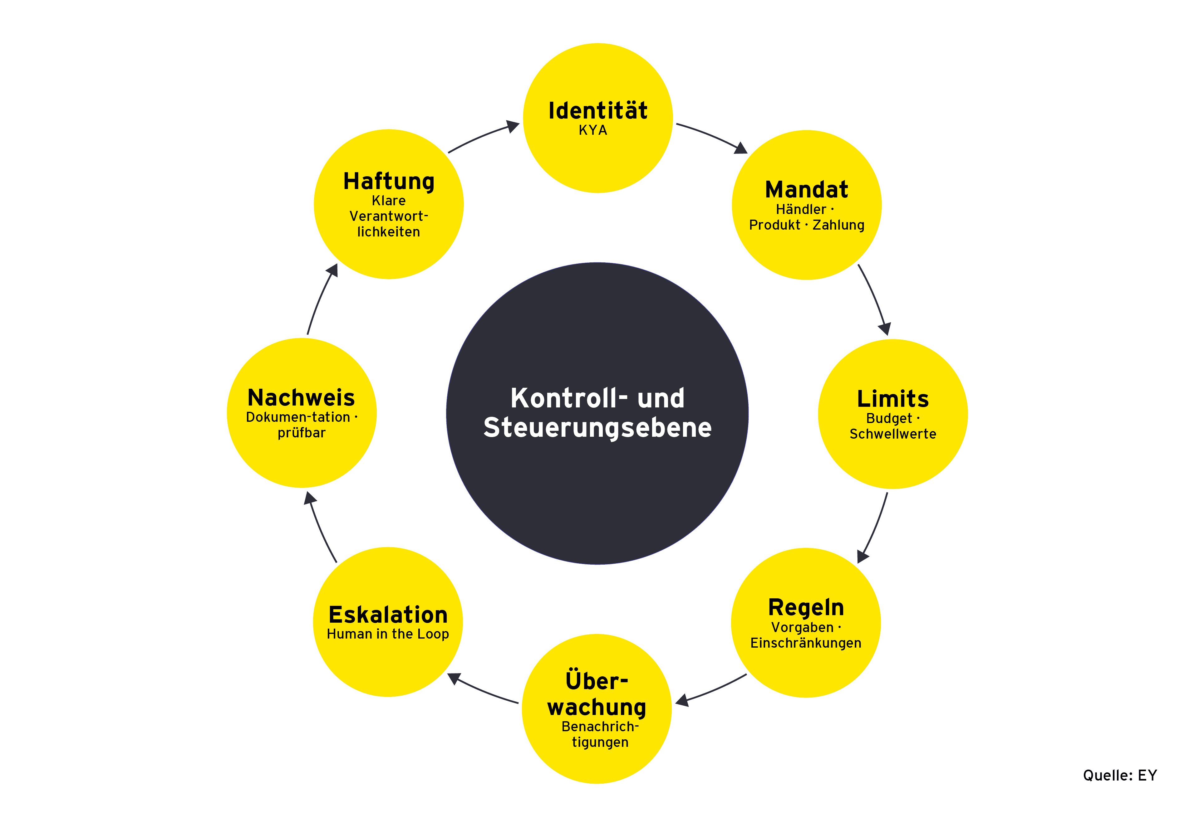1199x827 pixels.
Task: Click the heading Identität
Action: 598,110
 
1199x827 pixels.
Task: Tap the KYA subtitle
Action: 593,130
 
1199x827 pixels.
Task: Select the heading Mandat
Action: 807,190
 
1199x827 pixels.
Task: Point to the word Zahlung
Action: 838,225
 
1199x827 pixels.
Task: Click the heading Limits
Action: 893,398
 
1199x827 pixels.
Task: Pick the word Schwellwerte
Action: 893,434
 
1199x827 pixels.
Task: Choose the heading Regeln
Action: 806,608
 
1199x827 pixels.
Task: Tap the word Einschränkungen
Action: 806,643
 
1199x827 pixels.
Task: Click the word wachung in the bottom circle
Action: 597,707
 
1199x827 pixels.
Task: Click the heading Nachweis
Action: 301,398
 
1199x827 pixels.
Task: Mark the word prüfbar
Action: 301,433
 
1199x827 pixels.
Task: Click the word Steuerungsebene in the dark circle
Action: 597,427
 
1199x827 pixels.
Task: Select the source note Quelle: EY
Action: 1120,775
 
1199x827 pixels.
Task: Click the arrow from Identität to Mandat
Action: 713,136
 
